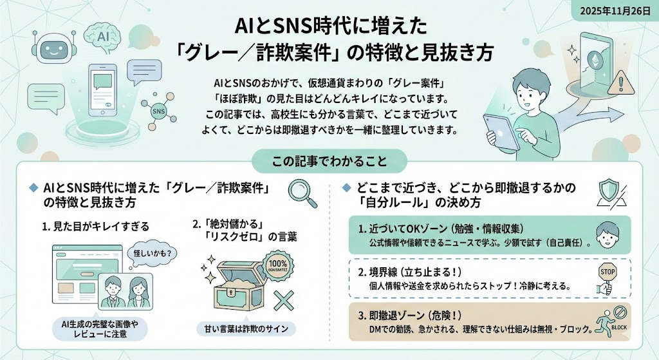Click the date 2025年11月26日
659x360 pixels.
[619, 12]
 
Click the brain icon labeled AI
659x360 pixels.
[103, 37]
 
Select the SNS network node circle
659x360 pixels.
[158, 111]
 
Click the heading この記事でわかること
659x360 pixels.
[328, 158]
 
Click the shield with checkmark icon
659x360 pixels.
[609, 193]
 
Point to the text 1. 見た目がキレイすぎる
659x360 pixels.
[95, 226]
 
